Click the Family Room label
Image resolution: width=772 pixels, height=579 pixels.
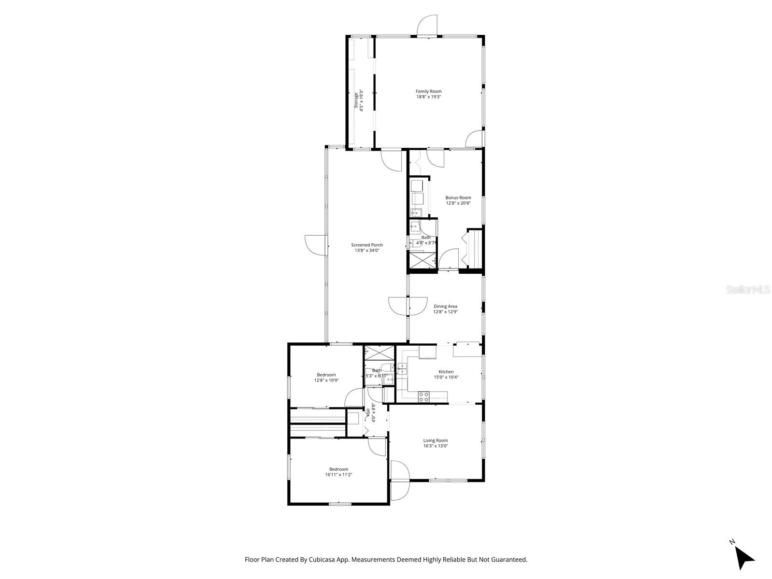(x=428, y=91)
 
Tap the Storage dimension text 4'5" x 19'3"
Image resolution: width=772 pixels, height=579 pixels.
(x=361, y=100)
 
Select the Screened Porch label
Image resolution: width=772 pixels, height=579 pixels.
(x=366, y=245)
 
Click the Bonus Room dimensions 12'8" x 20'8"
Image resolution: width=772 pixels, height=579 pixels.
(x=458, y=203)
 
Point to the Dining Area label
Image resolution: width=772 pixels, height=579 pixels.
(x=445, y=306)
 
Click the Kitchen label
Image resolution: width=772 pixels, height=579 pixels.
(x=446, y=371)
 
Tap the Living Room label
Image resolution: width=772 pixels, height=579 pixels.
(x=435, y=440)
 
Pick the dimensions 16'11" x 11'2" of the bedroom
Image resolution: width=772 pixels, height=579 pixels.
(x=338, y=475)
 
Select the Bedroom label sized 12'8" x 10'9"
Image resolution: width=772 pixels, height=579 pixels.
(x=326, y=375)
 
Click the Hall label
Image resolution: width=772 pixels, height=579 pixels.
(x=368, y=411)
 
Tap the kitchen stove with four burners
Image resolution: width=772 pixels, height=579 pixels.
(x=423, y=397)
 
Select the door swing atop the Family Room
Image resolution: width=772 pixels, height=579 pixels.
(x=427, y=25)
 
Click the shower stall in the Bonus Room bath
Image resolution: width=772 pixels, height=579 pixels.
(x=421, y=261)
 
